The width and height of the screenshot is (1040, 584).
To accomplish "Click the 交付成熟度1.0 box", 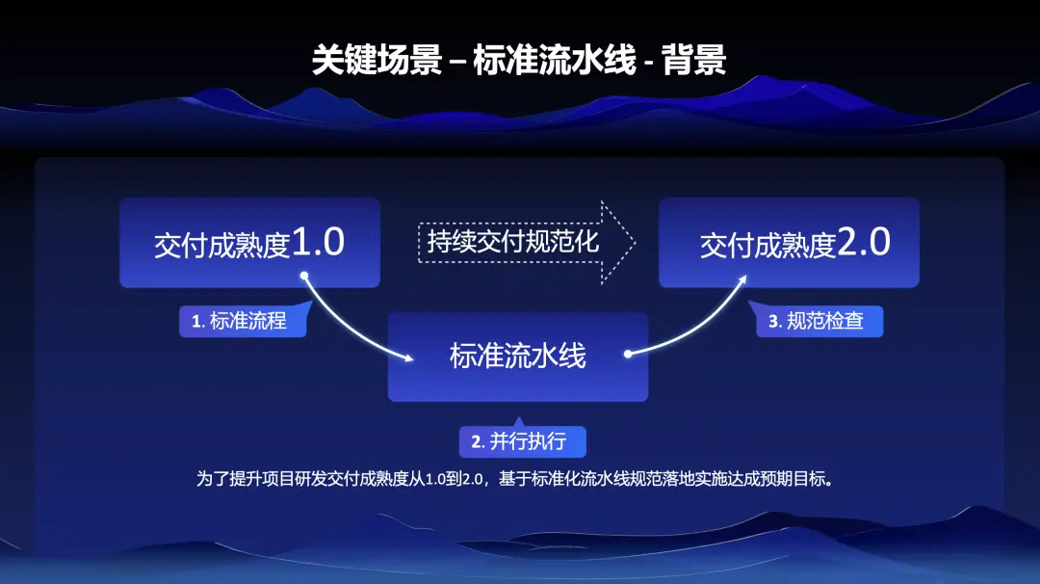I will (x=249, y=243).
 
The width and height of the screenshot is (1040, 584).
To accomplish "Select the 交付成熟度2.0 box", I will (x=789, y=243).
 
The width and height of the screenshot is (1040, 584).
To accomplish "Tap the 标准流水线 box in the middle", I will (x=518, y=356).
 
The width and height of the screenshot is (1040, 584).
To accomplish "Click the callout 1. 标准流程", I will (x=243, y=321).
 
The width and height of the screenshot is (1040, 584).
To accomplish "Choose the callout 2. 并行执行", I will (x=522, y=442).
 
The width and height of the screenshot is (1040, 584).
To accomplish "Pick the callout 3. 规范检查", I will (x=819, y=321).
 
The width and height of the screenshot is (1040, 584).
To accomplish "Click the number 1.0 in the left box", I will (x=318, y=243).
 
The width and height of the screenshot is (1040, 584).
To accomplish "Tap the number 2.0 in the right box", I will (x=864, y=243).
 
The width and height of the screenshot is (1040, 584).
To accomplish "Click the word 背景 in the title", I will (x=694, y=60).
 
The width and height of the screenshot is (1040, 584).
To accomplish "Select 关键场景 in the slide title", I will (x=377, y=60).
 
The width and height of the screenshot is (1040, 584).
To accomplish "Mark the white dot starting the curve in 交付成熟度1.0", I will (x=304, y=275).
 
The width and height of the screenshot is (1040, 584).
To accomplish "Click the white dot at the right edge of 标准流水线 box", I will (x=627, y=354).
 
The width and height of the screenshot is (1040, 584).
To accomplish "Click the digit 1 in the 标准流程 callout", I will (x=195, y=322).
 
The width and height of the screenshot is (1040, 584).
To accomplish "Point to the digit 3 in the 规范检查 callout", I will (x=772, y=322).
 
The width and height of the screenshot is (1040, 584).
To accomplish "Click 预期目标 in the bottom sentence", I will (x=797, y=479).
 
